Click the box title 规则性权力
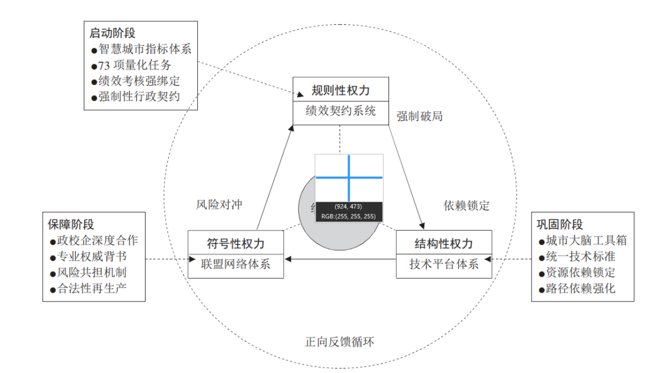coord(340,90)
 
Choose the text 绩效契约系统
coord(340,111)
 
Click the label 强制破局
coord(420,116)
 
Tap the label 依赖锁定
coord(467,206)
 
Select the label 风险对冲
coord(219,205)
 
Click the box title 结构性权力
coord(444,244)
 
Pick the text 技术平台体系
coord(444,265)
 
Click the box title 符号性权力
coord(236,244)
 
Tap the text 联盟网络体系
coord(236,264)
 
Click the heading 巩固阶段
coord(560,225)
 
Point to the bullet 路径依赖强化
coord(580,289)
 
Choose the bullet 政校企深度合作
coord(98,240)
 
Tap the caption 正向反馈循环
coord(340,342)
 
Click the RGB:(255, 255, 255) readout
coord(348,216)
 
